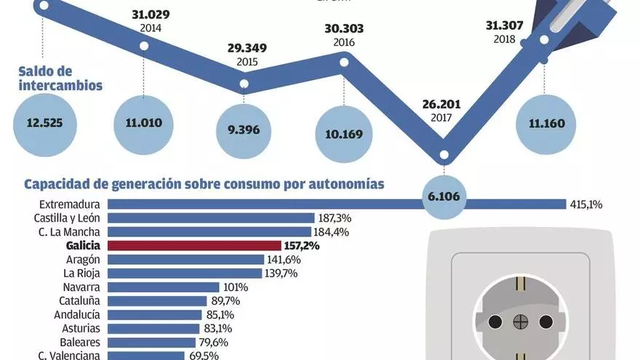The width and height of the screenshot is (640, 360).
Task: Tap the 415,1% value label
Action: tap(587, 204)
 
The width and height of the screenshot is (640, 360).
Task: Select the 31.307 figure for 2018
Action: tap(504, 25)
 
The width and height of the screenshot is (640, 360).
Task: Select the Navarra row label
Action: tap(81, 287)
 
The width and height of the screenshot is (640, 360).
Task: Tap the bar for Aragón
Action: tap(185, 260)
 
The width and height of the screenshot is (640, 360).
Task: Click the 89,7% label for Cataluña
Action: tap(225, 301)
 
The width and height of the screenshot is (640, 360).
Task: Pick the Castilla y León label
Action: tap(67, 218)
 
